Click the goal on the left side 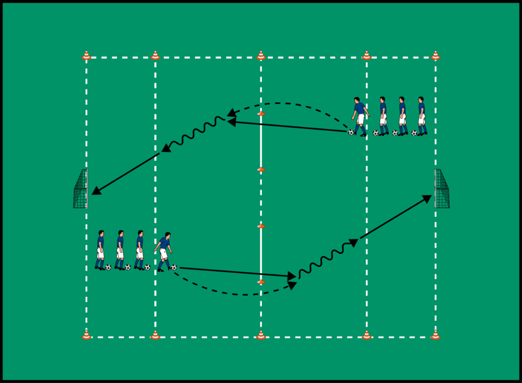(x=81, y=190)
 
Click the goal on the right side (x=441, y=189)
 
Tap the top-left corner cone (x=86, y=56)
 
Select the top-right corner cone (x=435, y=56)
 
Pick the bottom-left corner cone (x=86, y=334)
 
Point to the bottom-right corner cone (x=435, y=334)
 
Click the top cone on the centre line (x=261, y=56)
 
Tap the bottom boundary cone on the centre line (x=261, y=334)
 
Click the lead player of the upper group (x=360, y=116)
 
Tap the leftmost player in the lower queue (x=100, y=250)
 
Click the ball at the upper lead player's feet (x=351, y=132)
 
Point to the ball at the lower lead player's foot (x=173, y=267)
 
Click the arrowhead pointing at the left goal (x=95, y=191)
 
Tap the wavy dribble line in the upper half (x=195, y=133)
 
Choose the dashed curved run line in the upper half (x=288, y=103)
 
